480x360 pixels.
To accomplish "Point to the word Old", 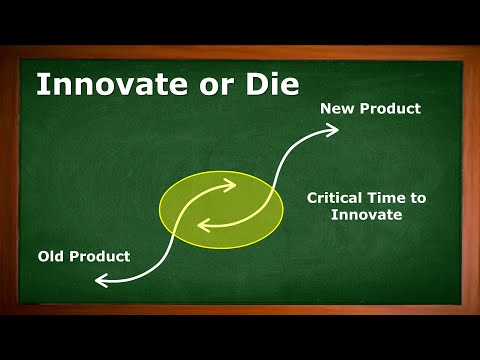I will click(53, 256).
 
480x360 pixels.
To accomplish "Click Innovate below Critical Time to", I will click(368, 215).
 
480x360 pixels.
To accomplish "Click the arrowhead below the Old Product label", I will click(101, 282).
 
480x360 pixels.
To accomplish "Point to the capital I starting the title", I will click(42, 84).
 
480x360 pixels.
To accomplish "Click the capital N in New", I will click(326, 107).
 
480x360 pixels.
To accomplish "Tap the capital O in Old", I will click(45, 256).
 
